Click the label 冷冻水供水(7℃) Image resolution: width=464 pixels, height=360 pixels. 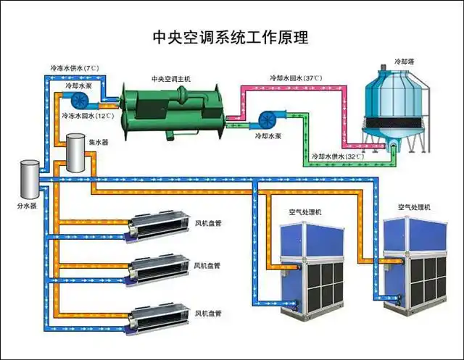(74, 68)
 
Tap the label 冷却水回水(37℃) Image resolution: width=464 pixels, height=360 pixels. (296, 78)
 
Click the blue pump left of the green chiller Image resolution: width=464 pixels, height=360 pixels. (79, 98)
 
